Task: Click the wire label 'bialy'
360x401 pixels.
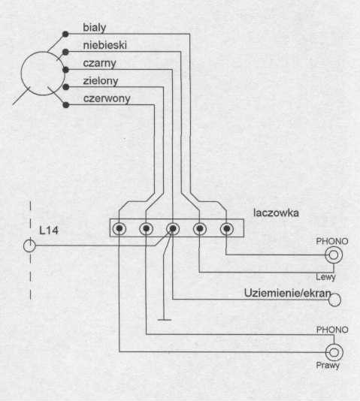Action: pyautogui.click(x=95, y=28)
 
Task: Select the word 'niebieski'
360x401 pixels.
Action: pyautogui.click(x=105, y=45)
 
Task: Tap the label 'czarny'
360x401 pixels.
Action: pyautogui.click(x=99, y=63)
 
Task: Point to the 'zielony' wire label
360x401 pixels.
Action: pyautogui.click(x=101, y=81)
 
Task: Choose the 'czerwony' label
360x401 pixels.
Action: pyautogui.click(x=107, y=98)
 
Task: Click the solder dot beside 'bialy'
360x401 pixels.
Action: pyautogui.click(x=65, y=34)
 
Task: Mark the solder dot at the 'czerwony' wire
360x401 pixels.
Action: pyautogui.click(x=66, y=105)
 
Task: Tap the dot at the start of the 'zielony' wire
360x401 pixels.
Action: pyautogui.click(x=66, y=87)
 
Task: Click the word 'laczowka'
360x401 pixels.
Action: pyautogui.click(x=276, y=213)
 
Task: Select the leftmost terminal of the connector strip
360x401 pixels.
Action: pyautogui.click(x=119, y=228)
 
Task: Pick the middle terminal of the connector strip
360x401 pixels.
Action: pyautogui.click(x=173, y=228)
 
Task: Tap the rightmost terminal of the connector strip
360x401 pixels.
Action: pyautogui.click(x=227, y=228)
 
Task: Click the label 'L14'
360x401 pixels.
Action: pyautogui.click(x=49, y=231)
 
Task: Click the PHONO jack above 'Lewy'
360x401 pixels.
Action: pyautogui.click(x=334, y=255)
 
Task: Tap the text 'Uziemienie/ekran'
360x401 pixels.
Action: pyautogui.click(x=287, y=294)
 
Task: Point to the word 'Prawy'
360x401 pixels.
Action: pyautogui.click(x=328, y=366)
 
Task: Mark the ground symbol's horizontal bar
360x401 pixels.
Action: pyautogui.click(x=165, y=320)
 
